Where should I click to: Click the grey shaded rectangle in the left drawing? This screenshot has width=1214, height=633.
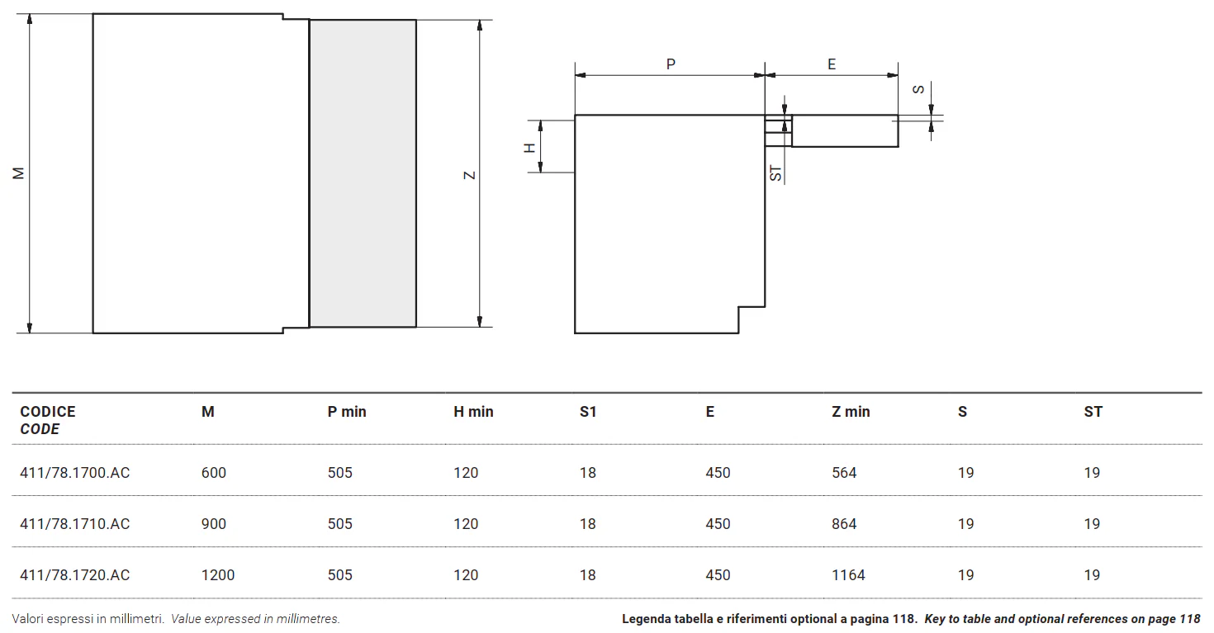[x=363, y=173]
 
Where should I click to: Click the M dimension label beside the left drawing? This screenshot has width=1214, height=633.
[x=18, y=173]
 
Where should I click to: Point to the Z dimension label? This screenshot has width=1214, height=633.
[x=469, y=176]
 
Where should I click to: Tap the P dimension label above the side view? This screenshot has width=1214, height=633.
[x=671, y=64]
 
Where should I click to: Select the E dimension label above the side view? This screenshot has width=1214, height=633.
[x=832, y=64]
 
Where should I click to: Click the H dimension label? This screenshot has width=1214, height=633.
[x=529, y=148]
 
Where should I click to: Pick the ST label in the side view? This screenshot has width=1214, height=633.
[x=775, y=173]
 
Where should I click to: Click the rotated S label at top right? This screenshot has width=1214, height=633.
[x=918, y=89]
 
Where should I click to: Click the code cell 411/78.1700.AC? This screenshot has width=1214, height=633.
[x=75, y=473]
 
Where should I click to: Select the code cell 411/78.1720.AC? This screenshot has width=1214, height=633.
[x=75, y=575]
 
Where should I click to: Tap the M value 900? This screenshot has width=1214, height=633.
[x=214, y=524]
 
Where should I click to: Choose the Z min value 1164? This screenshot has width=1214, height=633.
[x=848, y=575]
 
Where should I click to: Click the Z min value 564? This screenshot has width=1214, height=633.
[x=844, y=473]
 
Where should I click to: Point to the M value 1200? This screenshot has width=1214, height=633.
[x=218, y=575]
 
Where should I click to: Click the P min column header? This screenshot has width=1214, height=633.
[x=347, y=412]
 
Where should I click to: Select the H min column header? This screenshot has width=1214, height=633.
[x=473, y=412]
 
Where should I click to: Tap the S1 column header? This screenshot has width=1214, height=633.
[x=588, y=412]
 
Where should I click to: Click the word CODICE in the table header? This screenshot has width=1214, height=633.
[x=48, y=412]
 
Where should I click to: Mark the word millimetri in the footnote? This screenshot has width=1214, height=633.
[x=136, y=619]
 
